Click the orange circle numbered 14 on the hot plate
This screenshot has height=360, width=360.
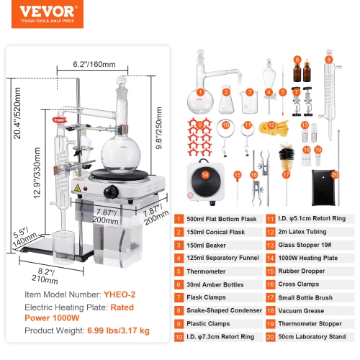[206, 174]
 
